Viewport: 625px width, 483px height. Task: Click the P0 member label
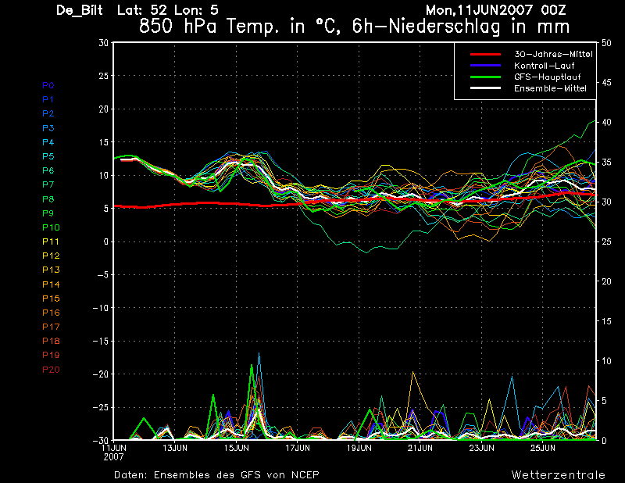48,85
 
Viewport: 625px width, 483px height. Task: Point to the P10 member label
51,227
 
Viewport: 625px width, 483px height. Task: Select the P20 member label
51,370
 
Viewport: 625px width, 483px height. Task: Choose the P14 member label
51,284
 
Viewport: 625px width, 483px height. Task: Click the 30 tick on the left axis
103,43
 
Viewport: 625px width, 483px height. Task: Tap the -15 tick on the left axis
101,342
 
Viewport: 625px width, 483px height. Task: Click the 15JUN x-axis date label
235,449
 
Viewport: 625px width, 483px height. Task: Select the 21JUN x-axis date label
420,449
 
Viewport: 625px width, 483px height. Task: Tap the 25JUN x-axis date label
542,449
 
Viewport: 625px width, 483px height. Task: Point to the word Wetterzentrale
559,475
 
